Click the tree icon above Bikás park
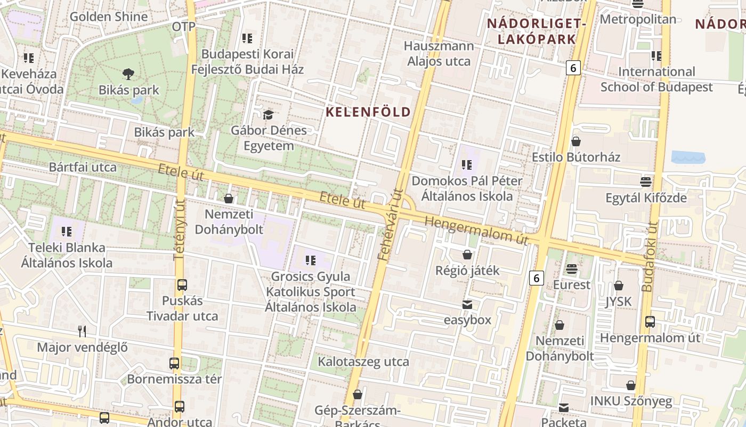[128, 74]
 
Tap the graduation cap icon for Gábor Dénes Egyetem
[268, 115]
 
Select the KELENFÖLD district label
[368, 112]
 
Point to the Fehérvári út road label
[391, 225]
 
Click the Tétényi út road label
[180, 230]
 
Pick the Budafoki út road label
[648, 256]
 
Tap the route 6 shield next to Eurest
[537, 278]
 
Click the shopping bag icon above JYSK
[619, 286]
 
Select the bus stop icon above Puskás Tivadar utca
[182, 285]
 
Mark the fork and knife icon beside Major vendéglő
[82, 331]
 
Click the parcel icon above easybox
[467, 305]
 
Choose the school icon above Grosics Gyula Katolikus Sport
[311, 260]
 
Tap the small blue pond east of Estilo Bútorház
[688, 157]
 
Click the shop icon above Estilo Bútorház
[576, 141]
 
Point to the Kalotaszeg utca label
[363, 362]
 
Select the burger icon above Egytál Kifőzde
[646, 182]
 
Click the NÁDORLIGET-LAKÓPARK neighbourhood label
[537, 31]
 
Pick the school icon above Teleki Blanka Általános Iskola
[67, 232]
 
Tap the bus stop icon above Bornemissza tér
[174, 364]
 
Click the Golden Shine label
[109, 17]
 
